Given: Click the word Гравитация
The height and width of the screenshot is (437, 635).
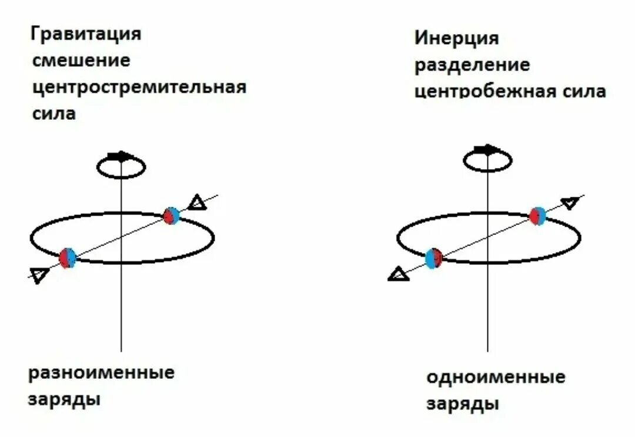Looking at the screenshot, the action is pyautogui.click(x=86, y=34).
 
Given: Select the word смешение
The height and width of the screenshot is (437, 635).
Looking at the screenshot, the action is pyautogui.click(x=81, y=61).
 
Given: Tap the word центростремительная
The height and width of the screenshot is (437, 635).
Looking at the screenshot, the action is pyautogui.click(x=139, y=88).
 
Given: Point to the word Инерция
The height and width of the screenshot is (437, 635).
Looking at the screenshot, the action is pyautogui.click(x=457, y=39).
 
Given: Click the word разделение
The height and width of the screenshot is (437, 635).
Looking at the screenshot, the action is pyautogui.click(x=473, y=65).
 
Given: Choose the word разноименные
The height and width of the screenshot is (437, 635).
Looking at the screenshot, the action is pyautogui.click(x=102, y=374).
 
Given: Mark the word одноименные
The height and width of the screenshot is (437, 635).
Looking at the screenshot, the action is pyautogui.click(x=496, y=377).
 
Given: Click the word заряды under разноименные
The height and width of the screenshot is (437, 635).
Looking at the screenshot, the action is pyautogui.click(x=64, y=400).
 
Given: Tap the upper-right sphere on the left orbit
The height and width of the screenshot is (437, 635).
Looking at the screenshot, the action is pyautogui.click(x=171, y=216).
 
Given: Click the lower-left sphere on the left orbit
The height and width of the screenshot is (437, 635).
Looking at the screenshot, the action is pyautogui.click(x=68, y=258).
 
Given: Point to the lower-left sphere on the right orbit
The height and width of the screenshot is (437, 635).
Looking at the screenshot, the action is pyautogui.click(x=434, y=258).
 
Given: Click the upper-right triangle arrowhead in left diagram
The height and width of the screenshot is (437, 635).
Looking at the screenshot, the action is pyautogui.click(x=198, y=203).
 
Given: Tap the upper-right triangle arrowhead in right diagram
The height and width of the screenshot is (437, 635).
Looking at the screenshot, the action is pyautogui.click(x=569, y=203).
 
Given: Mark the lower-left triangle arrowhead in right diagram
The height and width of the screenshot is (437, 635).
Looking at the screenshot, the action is pyautogui.click(x=399, y=274).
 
